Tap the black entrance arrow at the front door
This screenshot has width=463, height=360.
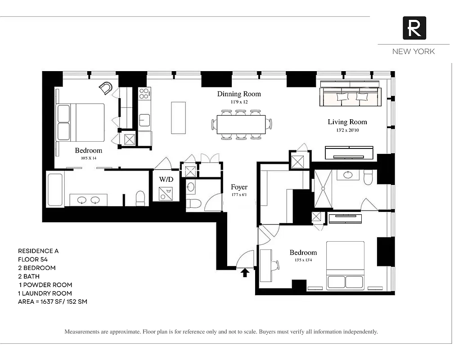[245, 272]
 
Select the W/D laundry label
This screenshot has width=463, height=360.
[166, 179]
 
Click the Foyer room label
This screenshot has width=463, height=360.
[239, 187]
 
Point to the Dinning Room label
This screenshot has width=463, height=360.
[239, 94]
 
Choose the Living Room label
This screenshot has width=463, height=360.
[347, 122]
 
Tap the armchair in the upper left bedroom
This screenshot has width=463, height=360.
[106, 88]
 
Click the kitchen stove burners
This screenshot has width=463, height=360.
[144, 94]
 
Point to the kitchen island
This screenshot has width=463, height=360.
[178, 117]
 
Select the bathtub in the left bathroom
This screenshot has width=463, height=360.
[55, 189]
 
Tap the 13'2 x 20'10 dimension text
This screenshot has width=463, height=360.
[347, 130]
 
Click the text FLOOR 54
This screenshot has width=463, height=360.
[33, 259]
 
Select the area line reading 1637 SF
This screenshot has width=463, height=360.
[52, 301]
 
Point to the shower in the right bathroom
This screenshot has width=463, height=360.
[323, 189]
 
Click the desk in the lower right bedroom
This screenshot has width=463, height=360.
[265, 265]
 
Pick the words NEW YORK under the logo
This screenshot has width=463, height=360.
[414, 51]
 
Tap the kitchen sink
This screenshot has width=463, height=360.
[144, 120]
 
